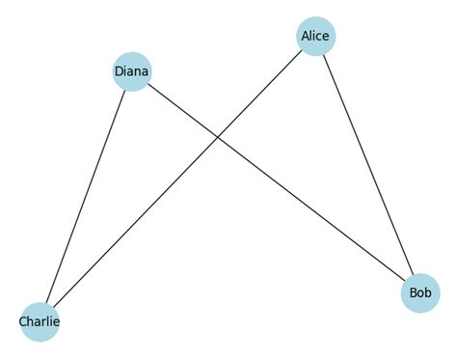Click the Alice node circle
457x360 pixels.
point(316,37)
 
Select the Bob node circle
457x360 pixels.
point(420,292)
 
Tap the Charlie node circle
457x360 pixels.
point(40,320)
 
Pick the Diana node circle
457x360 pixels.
point(132,70)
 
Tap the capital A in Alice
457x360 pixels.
point(306,37)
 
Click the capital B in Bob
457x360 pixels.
point(413,292)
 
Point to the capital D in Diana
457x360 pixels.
point(119,70)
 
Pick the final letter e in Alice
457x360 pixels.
point(327,37)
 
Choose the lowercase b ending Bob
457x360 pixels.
point(429,292)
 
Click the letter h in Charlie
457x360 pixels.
point(32,320)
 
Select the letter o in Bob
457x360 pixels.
point(421,292)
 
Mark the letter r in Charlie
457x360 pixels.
point(44,320)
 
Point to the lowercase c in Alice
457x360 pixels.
point(320,37)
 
